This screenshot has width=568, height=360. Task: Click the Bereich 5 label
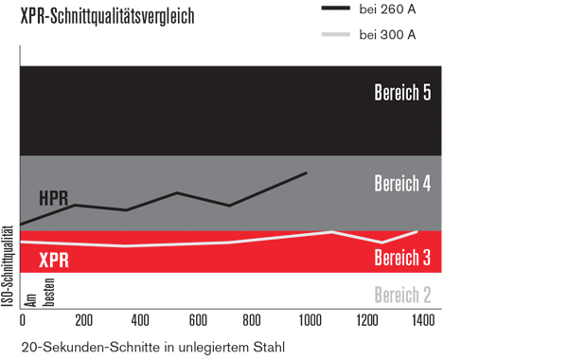point(402,93)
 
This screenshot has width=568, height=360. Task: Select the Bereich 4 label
point(402,183)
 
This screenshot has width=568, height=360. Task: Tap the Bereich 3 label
point(402,258)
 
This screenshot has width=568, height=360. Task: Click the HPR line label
point(54,198)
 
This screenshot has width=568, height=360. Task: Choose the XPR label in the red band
point(53,261)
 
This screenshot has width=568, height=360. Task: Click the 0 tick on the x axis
point(24,320)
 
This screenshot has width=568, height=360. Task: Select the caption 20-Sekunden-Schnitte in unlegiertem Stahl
point(152,347)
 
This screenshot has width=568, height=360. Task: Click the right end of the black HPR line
point(306,173)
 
